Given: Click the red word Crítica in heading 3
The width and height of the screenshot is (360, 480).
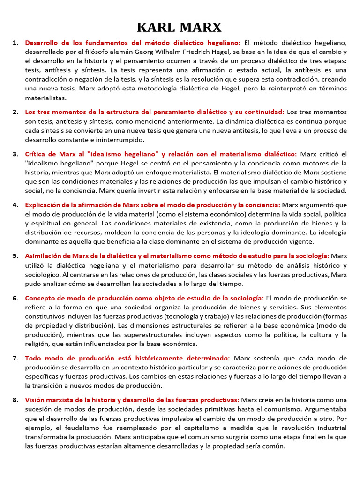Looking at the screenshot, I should coord(36,154).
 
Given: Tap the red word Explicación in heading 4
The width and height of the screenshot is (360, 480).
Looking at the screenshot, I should coord(44,205).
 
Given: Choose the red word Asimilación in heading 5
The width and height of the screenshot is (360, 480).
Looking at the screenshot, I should coord(45,256).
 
